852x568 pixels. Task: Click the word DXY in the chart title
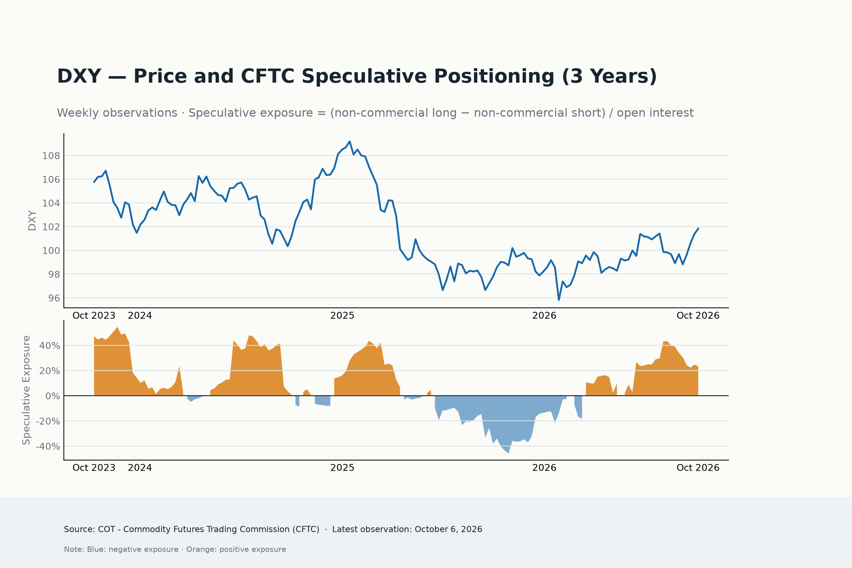tap(79, 77)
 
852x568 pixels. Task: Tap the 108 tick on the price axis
tap(51, 156)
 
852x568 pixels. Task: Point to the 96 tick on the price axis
tap(54, 298)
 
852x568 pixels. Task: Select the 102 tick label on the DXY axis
tap(51, 227)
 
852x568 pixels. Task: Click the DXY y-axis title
tap(32, 220)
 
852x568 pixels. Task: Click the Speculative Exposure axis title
tap(26, 390)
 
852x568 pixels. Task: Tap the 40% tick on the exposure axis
tap(50, 346)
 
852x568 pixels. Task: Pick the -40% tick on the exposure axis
tap(48, 446)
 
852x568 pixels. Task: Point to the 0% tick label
tap(53, 396)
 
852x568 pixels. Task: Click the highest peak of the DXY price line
tap(350, 141)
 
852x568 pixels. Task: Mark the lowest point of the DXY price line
tap(559, 300)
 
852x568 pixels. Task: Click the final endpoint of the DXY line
tap(698, 228)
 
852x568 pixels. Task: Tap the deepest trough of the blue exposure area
tap(508, 453)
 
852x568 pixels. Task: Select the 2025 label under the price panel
tap(342, 315)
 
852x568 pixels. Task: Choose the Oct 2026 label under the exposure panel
tap(698, 468)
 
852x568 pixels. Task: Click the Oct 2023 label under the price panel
tap(94, 315)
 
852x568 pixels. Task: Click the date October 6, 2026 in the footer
tap(449, 529)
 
